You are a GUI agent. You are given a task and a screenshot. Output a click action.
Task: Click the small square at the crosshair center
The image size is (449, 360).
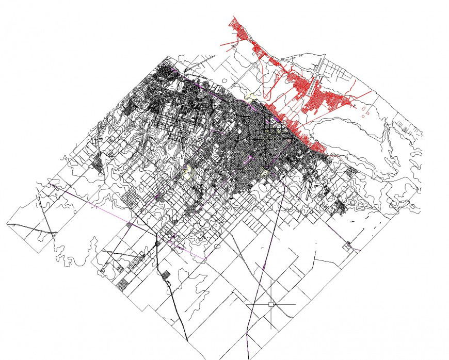[271, 304]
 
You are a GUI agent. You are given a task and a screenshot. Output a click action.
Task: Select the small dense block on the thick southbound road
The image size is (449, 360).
[166, 274]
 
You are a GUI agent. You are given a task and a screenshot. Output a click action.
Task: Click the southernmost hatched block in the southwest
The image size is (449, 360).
[123, 283]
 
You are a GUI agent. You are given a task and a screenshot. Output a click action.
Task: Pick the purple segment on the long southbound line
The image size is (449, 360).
[264, 267]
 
